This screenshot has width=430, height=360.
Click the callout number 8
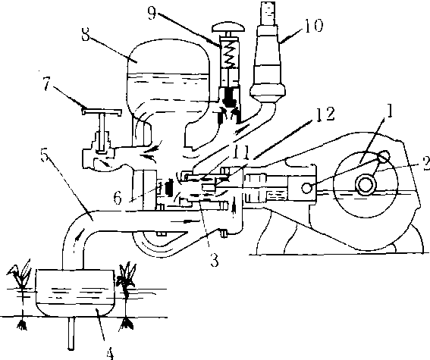tap(86, 34)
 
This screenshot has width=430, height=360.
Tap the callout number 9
tap(152, 13)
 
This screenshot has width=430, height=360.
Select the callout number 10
tap(314, 26)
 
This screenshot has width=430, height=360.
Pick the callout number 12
tap(325, 114)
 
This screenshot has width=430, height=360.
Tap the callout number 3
tap(215, 260)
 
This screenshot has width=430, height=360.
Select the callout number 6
tap(118, 198)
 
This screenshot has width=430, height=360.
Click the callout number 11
tap(240, 152)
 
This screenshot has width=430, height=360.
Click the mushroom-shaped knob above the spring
tap(228, 27)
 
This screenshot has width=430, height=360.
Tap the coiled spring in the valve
tap(231, 55)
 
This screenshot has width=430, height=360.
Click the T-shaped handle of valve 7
tap(102, 112)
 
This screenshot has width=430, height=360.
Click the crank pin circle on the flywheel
tap(384, 156)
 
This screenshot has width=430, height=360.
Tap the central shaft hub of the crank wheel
tap(366, 184)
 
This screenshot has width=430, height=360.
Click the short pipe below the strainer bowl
tap(71, 333)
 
